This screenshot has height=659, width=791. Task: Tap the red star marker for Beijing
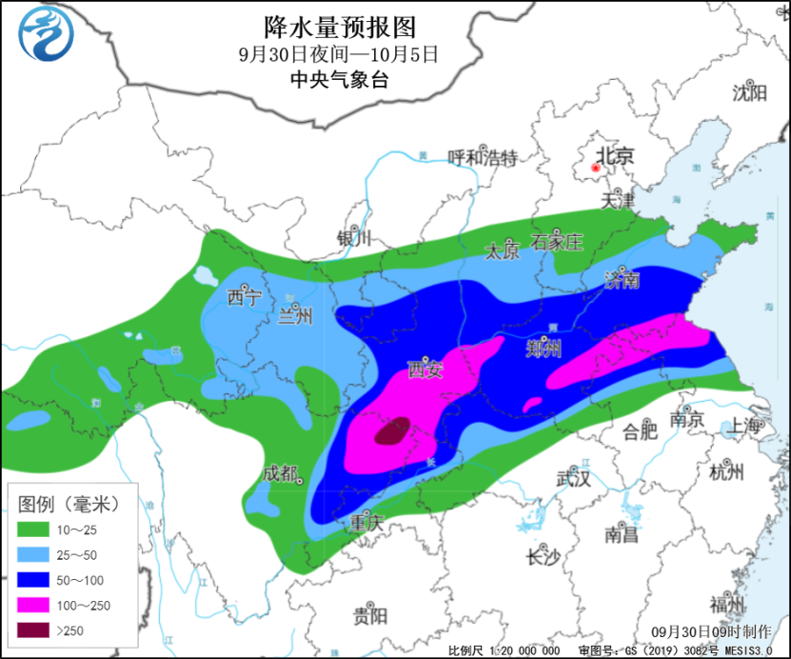[596, 170]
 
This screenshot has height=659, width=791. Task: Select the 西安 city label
[425, 369]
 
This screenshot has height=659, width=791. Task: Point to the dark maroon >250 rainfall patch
[392, 431]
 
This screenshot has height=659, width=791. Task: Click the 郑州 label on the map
[544, 349]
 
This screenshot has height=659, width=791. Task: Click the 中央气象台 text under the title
[340, 80]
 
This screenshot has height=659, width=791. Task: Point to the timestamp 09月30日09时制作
[712, 631]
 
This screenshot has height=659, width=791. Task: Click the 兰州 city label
[294, 317]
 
